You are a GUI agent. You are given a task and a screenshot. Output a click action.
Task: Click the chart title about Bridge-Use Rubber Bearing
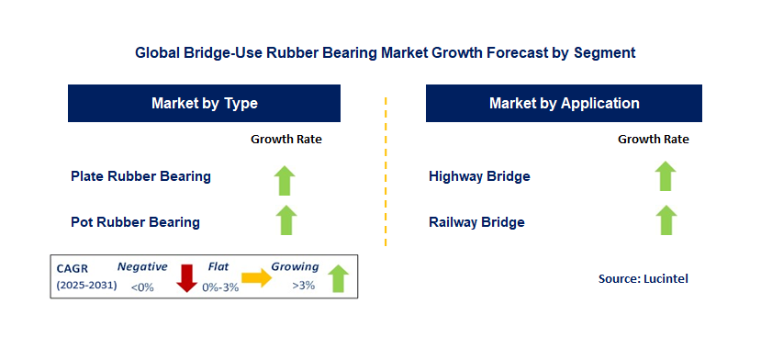pos(385,52)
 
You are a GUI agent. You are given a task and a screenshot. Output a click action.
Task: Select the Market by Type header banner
pos(205,103)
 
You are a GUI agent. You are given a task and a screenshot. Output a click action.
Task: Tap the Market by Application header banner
pos(564,103)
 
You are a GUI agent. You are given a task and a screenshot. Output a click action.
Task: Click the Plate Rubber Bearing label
pos(140,176)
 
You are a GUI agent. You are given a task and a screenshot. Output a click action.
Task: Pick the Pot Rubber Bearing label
pos(136,222)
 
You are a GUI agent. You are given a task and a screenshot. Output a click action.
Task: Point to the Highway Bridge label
pos(479,176)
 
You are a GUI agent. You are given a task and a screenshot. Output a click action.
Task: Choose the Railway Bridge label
pos(476,222)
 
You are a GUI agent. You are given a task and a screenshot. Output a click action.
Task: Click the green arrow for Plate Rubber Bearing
pos(285,180)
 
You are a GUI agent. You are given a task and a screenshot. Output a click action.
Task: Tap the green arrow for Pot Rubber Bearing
pos(285,220)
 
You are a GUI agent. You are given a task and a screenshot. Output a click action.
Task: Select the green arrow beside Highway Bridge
pos(666,176)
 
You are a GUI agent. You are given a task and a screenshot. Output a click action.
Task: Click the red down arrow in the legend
pos(187,278)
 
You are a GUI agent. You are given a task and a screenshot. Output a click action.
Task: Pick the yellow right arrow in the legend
pos(257,277)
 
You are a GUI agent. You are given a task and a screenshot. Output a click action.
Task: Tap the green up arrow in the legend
pos(339,278)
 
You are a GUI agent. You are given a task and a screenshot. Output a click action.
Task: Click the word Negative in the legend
pos(142,266)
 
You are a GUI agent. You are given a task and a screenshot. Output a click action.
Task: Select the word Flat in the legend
pos(218,266)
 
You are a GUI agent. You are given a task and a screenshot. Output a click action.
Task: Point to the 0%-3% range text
pos(221,287)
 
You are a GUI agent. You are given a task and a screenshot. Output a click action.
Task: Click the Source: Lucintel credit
pos(643,279)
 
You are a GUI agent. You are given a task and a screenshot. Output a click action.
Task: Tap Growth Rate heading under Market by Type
pos(286,140)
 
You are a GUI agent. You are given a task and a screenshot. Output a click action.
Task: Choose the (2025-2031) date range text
pos(87,286)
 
